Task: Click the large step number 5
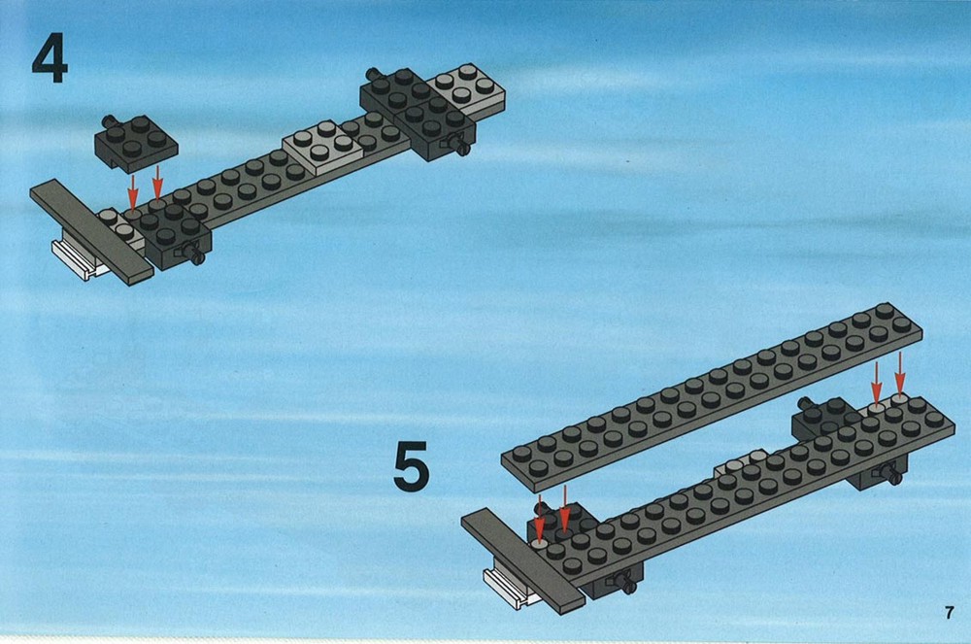(411, 465)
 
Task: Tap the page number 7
(950, 612)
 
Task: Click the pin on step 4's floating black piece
(109, 120)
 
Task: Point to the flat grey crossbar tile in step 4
(91, 232)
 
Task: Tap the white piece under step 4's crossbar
(78, 260)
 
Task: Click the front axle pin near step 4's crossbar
(195, 254)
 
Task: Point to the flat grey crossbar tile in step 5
(523, 561)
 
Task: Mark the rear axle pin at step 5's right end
(805, 404)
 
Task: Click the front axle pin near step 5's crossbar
(626, 583)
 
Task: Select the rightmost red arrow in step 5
(900, 372)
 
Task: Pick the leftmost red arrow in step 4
(132, 192)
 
